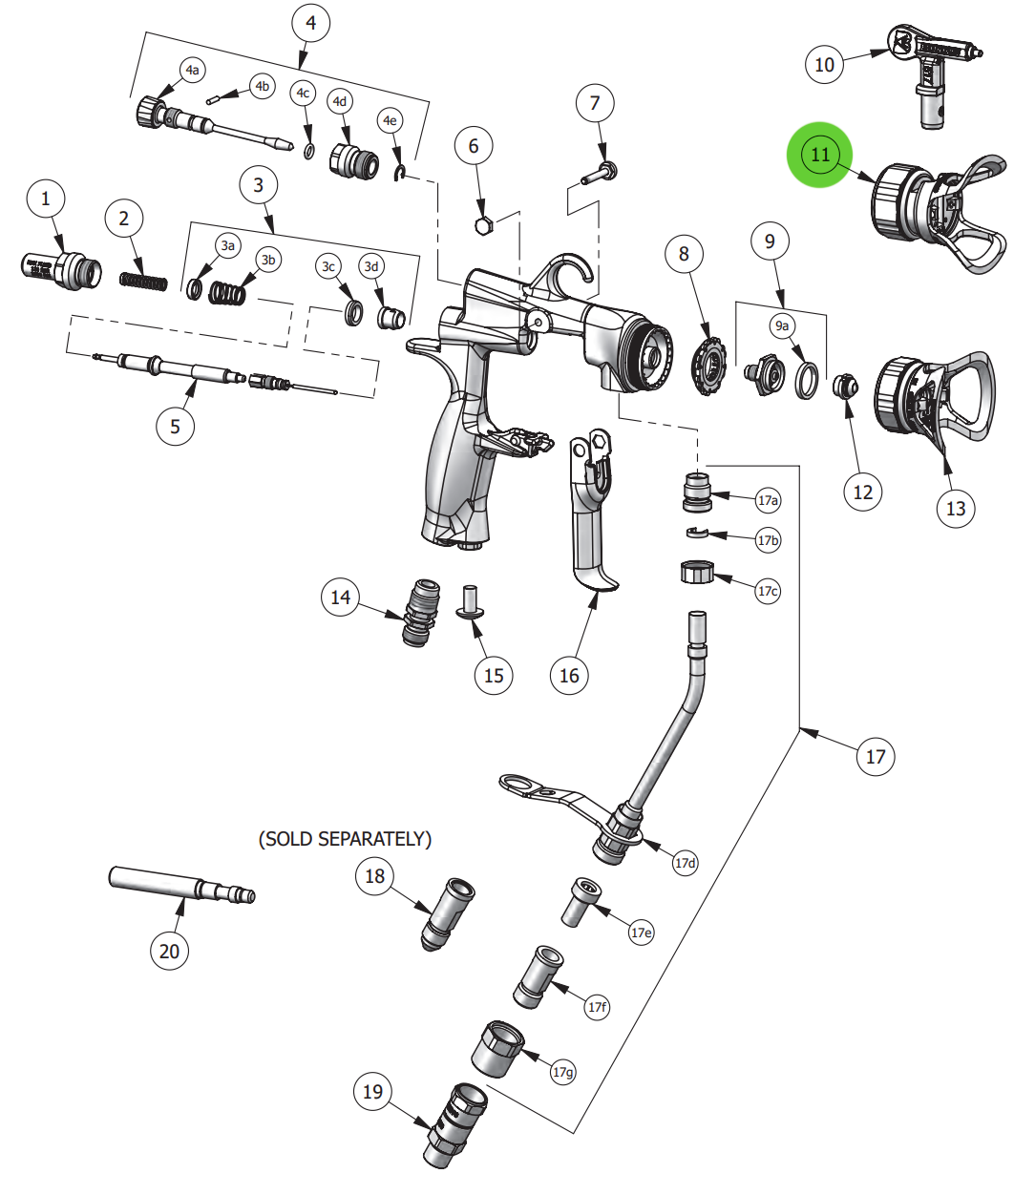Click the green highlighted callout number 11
pos(820,155)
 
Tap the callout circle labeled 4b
pos(262,86)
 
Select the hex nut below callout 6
pos(483,226)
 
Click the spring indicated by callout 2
pos(144,282)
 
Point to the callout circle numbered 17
pos(876,757)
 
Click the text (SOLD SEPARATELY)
pos(345,839)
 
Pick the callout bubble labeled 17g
pos(563,1072)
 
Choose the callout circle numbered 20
pos(169,951)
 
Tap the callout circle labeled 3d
pos(371,266)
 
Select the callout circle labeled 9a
pos(782,325)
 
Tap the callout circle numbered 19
pos(372,1092)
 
